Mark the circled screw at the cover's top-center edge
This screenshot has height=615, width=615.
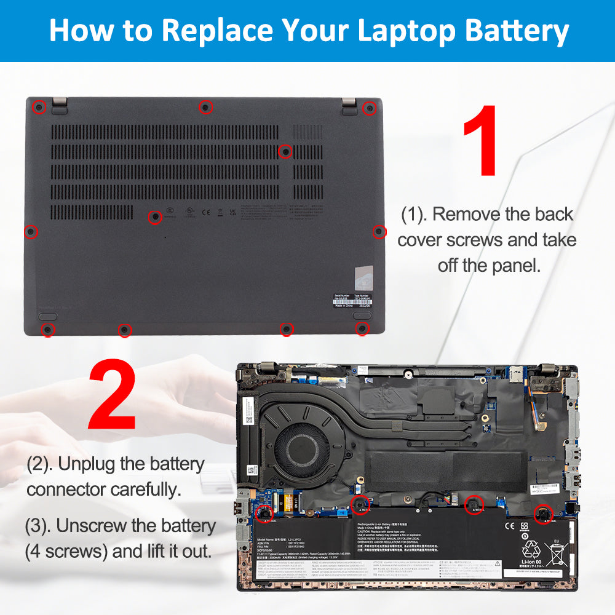(x=206, y=108)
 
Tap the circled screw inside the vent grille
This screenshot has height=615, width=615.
(x=285, y=151)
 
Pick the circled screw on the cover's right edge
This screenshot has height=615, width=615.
(x=379, y=231)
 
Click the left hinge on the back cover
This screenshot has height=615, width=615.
(x=60, y=106)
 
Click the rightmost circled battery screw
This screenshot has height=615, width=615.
(x=543, y=514)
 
